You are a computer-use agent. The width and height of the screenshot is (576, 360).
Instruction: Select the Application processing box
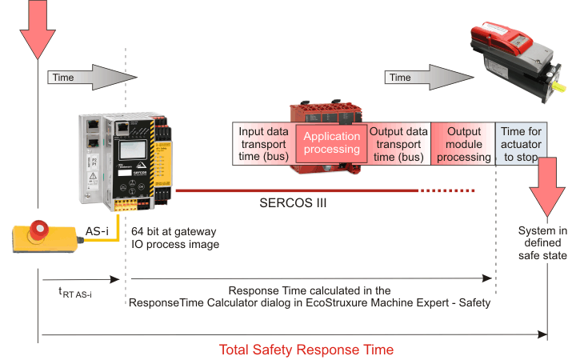pyautogui.click(x=331, y=142)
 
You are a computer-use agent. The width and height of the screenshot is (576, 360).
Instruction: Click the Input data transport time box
pyautogui.click(x=263, y=142)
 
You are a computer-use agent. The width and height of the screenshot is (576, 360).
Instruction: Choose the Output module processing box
pyautogui.click(x=463, y=142)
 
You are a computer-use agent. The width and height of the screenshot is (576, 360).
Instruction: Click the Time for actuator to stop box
pyautogui.click(x=522, y=142)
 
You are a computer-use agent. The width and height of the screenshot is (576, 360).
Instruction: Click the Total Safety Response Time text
pyautogui.click(x=306, y=350)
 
